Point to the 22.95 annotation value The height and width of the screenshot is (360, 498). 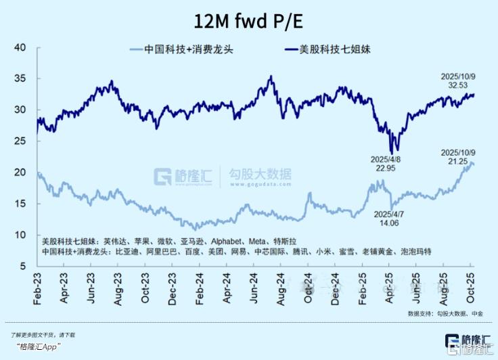[x=387, y=168]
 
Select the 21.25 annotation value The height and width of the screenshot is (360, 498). [x=455, y=161]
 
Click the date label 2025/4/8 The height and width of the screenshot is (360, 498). [x=387, y=160]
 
